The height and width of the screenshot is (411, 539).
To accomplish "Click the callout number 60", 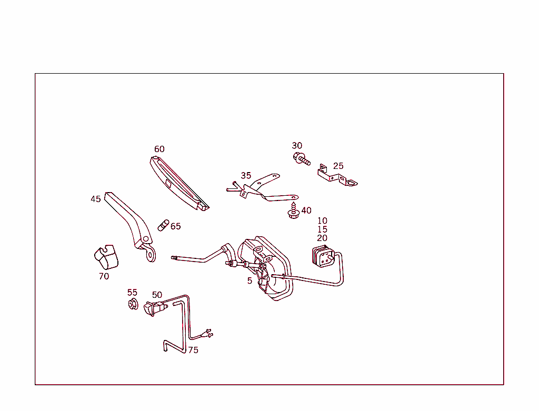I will coord(159,149).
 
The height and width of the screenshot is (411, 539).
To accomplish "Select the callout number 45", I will coord(95,199).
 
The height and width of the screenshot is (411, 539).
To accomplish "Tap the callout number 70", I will coord(104,276).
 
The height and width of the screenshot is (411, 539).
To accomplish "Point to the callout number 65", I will coord(175,226).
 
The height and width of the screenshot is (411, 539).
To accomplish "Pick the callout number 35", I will coord(246,176).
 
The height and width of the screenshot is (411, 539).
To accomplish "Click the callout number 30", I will coord(297,146).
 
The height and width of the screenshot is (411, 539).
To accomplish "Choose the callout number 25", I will coord(338,166).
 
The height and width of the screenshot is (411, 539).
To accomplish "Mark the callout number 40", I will coord(306,211).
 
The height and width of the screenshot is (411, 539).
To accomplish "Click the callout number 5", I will coord(250,281).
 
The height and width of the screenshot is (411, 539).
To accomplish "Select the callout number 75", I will coord(193,350).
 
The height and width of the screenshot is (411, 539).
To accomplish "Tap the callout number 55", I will coord(132,293).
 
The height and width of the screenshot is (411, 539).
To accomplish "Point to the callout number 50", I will coord(157,295).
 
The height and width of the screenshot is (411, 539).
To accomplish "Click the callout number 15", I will coord(322,229).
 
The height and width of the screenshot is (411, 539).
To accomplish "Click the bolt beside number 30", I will coord(302,158).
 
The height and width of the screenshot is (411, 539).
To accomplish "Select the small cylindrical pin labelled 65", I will coord(163,226).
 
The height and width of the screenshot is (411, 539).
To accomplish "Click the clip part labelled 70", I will coord(105,257).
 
